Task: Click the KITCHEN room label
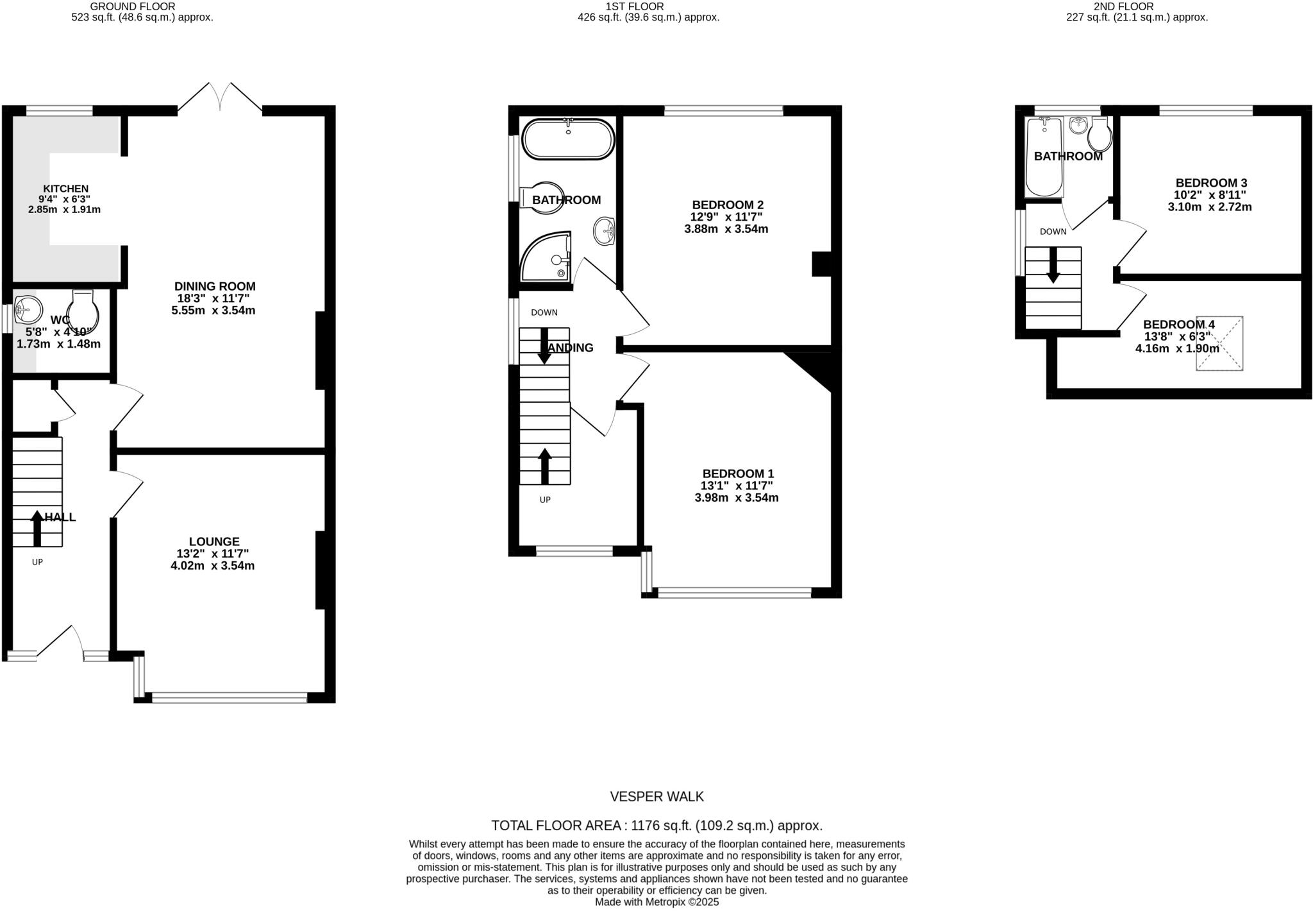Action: [65, 189]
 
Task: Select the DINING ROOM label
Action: [215, 286]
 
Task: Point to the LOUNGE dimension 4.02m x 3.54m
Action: [212, 566]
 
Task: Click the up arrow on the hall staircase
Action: [37, 527]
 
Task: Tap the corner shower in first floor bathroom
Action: [546, 258]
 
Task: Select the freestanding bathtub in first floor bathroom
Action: [568, 139]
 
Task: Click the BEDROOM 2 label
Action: [726, 205]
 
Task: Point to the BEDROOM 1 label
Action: [737, 473]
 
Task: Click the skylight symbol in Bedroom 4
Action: [1219, 343]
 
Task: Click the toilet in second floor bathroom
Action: [1100, 133]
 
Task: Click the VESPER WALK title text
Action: [656, 797]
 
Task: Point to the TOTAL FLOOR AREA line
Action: [656, 826]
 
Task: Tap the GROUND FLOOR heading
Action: [133, 6]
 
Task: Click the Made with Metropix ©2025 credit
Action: [656, 902]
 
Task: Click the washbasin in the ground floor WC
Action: [27, 309]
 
